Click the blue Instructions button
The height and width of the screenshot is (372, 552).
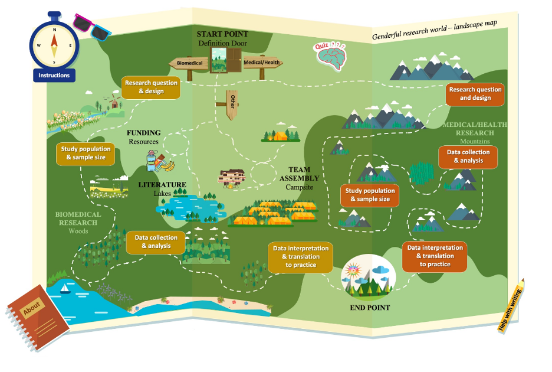54,75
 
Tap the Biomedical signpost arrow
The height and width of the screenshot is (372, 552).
189,63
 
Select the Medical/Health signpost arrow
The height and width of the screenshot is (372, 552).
262,63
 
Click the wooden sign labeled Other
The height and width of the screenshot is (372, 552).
232,104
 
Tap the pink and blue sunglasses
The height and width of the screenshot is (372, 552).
92,27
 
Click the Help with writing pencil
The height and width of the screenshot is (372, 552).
511,305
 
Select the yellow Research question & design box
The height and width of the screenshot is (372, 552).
151,87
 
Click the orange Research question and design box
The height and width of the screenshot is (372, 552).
475,94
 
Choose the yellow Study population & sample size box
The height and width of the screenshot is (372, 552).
86,154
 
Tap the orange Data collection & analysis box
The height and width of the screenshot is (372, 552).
468,156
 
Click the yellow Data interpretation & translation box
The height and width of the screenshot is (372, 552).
301,257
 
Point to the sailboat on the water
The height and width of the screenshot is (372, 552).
65,289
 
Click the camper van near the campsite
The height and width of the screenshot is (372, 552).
231,177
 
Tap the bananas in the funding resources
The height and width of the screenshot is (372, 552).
167,165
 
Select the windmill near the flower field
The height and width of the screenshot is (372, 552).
113,100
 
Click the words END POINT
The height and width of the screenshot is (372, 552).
370,308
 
